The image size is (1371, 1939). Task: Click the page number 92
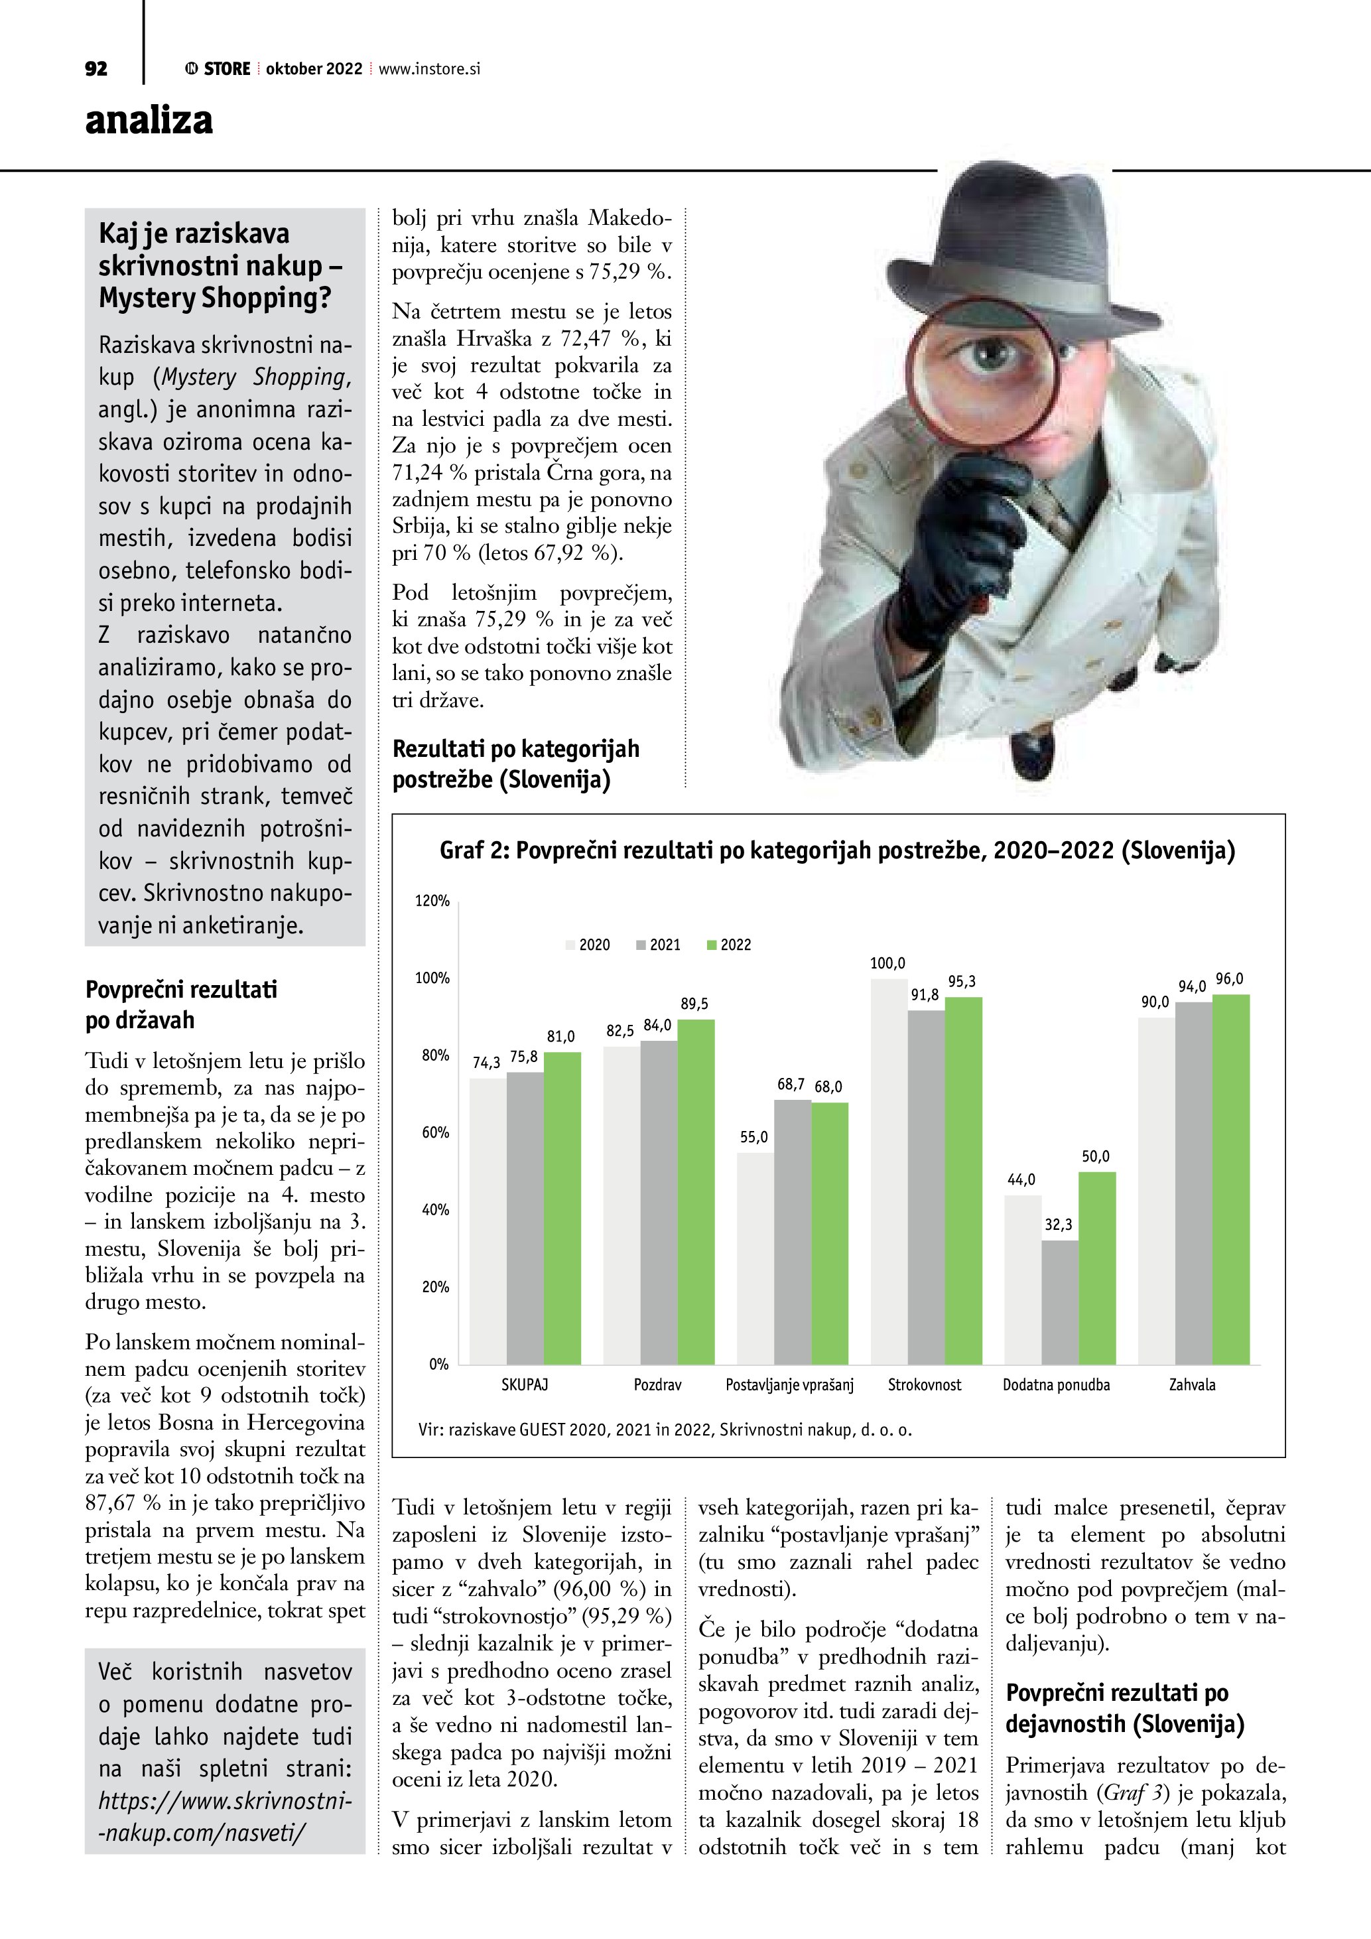[x=96, y=69]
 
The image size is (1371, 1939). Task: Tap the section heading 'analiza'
[x=149, y=120]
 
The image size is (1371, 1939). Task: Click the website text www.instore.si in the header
[x=429, y=69]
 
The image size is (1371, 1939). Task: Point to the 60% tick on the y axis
[x=436, y=1132]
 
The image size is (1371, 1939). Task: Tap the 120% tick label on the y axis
[x=432, y=901]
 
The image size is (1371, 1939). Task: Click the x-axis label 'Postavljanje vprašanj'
[x=789, y=1385]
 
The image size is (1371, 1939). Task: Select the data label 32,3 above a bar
[x=1059, y=1225]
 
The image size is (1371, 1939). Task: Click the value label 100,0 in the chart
[x=887, y=964]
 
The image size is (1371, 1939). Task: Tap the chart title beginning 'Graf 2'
[x=836, y=850]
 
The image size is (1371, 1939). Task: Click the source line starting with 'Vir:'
[x=665, y=1430]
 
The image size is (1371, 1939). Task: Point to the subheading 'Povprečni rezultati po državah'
[x=182, y=1005]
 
